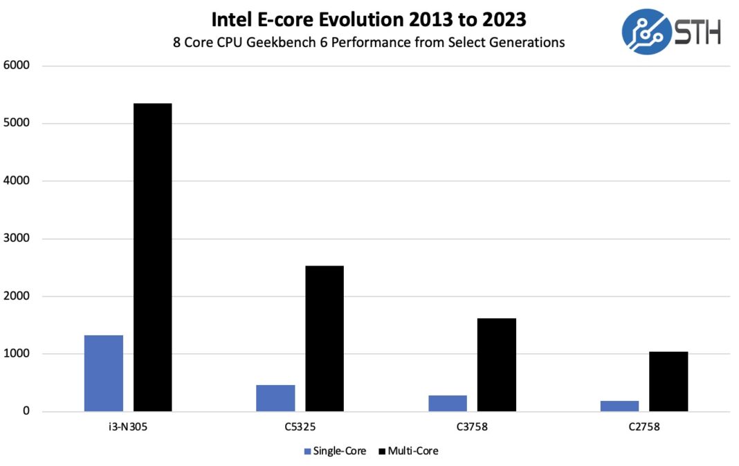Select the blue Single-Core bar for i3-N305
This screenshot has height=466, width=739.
pyautogui.click(x=104, y=373)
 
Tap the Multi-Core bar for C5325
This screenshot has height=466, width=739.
pyautogui.click(x=325, y=339)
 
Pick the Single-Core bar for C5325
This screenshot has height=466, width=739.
pyautogui.click(x=275, y=398)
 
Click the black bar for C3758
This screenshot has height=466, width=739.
pyautogui.click(x=496, y=365)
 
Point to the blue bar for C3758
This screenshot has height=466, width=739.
pyautogui.click(x=448, y=403)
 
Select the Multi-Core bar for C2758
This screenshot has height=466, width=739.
pyautogui.click(x=668, y=382)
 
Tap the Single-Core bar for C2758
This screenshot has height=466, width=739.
pyautogui.click(x=619, y=406)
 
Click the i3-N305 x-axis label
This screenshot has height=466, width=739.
pyautogui.click(x=128, y=427)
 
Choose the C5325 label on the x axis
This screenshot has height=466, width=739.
pyautogui.click(x=300, y=427)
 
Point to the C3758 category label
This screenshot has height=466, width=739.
pyautogui.click(x=472, y=427)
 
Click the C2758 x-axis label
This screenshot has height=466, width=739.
pyautogui.click(x=644, y=427)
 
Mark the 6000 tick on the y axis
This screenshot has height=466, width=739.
pyautogui.click(x=17, y=66)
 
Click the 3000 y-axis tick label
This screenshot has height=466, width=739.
pyautogui.click(x=17, y=239)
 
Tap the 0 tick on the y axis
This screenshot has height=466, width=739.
pyautogui.click(x=26, y=412)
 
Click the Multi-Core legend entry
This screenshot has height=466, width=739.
pyautogui.click(x=408, y=451)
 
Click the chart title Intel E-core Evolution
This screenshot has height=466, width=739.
pyautogui.click(x=369, y=19)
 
